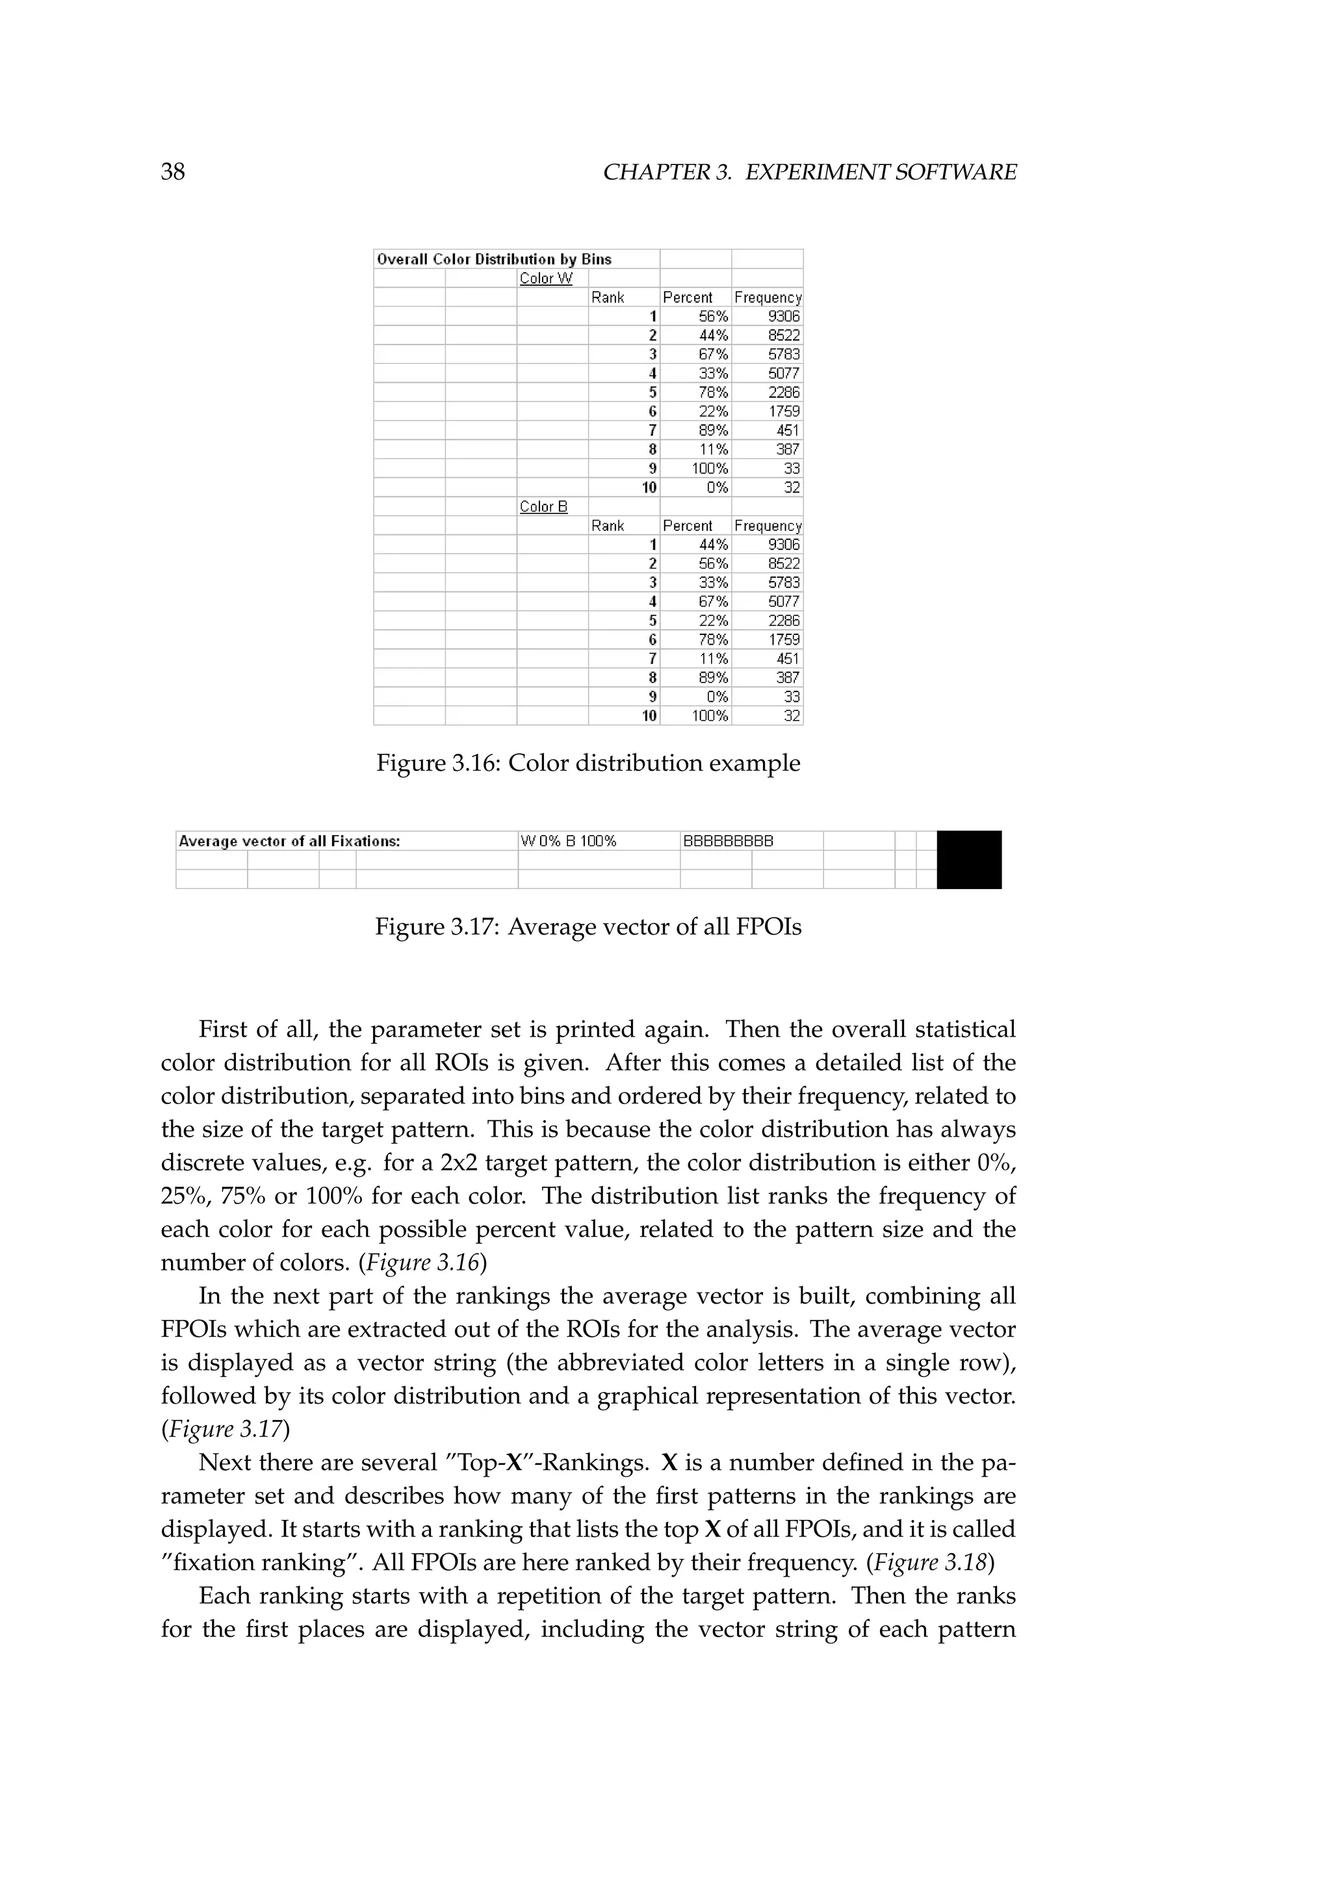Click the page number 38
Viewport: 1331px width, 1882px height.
[x=173, y=172]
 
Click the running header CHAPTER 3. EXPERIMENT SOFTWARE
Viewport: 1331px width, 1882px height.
[x=809, y=172]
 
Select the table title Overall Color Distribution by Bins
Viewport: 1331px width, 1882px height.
[x=493, y=259]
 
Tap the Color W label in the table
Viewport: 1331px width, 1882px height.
[x=546, y=279]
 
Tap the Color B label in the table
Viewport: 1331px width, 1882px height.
[x=543, y=506]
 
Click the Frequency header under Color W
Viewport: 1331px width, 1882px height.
[x=767, y=298]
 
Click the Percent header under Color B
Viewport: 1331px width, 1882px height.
[x=688, y=526]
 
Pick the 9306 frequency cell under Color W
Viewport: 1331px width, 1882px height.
[x=784, y=316]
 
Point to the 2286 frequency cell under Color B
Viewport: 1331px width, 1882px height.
[x=784, y=621]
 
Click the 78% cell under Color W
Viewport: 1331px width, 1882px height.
[x=713, y=393]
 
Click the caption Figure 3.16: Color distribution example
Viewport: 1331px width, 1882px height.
[x=588, y=763]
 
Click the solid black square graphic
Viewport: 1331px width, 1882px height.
[x=969, y=860]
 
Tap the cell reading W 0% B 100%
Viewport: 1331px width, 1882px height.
[x=568, y=841]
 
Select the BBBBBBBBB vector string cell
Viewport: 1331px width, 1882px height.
[x=728, y=841]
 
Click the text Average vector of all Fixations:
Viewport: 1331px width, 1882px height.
[x=289, y=841]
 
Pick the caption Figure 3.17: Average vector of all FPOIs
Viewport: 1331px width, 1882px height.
[x=588, y=927]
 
